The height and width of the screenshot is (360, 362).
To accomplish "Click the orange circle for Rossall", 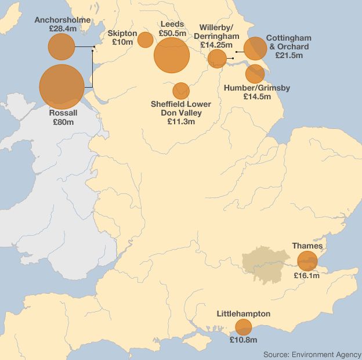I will [61, 87].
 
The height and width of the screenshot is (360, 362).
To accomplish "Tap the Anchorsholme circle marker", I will [61, 47].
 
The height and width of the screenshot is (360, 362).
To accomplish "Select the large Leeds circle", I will [172, 55].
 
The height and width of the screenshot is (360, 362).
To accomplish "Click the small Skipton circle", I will [145, 39].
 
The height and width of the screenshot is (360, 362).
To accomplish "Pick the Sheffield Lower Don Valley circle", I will [181, 91].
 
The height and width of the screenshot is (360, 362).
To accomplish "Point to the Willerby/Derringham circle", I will [217, 58].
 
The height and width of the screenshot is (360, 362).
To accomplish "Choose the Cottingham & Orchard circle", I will [255, 49].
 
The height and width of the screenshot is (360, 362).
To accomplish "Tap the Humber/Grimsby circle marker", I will [255, 74].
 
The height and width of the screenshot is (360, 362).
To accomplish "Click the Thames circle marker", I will [307, 261].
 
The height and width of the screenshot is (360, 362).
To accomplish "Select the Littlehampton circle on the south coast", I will [243, 327].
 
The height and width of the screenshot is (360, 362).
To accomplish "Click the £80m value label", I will [63, 123].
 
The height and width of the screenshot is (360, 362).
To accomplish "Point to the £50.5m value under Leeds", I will [172, 34].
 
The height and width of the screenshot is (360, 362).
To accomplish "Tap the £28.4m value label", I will [63, 28].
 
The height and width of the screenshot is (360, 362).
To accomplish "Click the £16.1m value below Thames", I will [306, 276].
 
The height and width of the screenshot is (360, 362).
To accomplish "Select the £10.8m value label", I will [243, 340].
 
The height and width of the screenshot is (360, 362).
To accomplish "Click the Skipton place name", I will [122, 34].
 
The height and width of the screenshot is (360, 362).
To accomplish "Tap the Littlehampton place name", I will [244, 314].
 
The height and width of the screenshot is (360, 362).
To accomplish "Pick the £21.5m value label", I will [288, 55].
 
